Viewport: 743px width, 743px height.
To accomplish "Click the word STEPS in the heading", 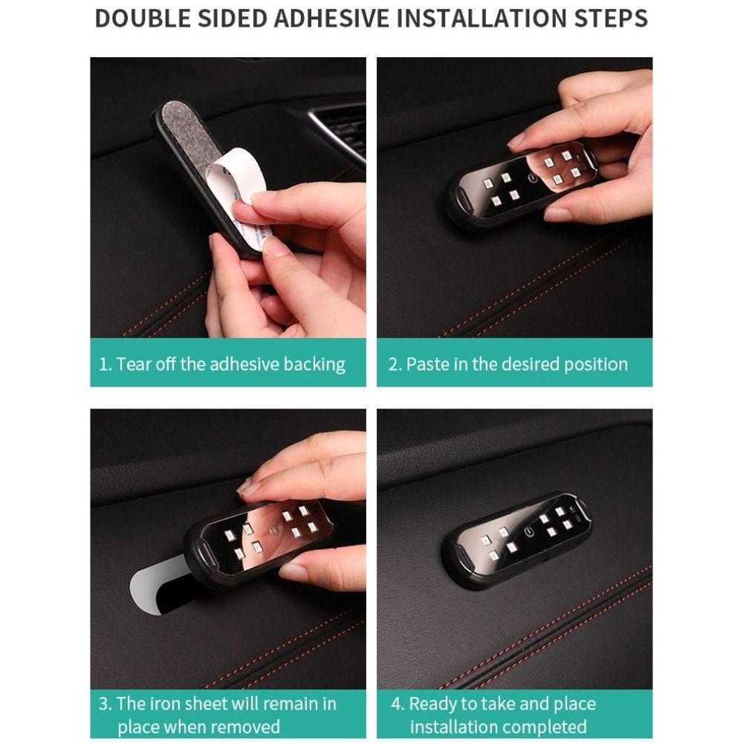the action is (611, 19).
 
